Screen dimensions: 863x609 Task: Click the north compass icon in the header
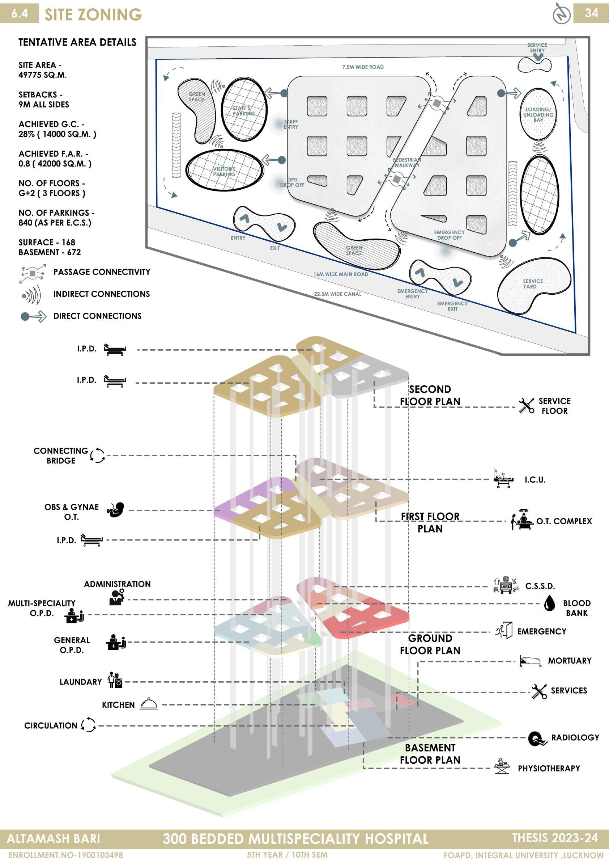(x=562, y=14)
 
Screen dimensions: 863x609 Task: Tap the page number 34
(x=591, y=13)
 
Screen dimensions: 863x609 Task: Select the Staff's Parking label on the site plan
(x=244, y=111)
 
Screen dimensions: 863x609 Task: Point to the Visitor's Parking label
(x=224, y=172)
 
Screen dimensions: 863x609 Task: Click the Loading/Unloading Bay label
(x=538, y=115)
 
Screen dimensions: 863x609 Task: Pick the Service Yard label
(x=532, y=284)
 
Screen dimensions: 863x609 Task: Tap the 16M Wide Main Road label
(x=341, y=274)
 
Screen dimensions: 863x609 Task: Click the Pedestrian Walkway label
(x=407, y=163)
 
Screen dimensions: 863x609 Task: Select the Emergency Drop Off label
(x=449, y=235)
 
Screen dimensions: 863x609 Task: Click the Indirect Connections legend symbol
(x=32, y=294)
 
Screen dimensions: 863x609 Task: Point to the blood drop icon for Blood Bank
(x=550, y=604)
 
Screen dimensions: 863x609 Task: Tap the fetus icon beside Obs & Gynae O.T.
(x=116, y=510)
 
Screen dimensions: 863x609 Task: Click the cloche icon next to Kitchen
(x=149, y=704)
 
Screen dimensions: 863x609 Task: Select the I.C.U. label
(x=535, y=480)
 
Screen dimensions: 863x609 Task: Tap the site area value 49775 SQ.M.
(x=42, y=75)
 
